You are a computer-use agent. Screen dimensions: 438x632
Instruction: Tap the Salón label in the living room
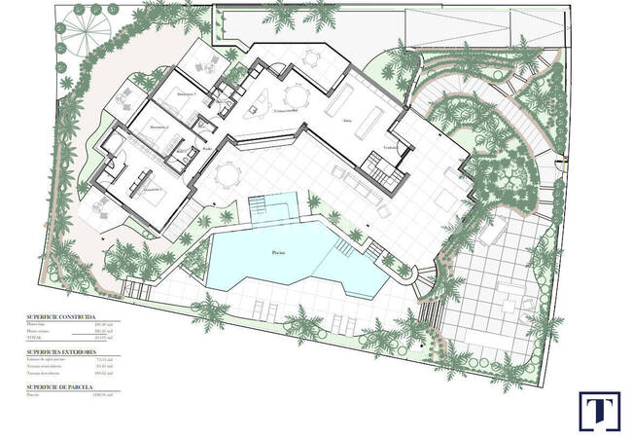[x=347, y=122]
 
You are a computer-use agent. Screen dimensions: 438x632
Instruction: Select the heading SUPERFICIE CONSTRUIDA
[x=60, y=317]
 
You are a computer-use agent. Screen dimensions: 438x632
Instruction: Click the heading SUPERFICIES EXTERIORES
[x=59, y=349]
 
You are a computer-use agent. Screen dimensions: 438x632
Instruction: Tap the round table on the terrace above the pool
[x=227, y=176]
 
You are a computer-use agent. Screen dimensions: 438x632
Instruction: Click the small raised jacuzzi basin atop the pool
[x=271, y=207]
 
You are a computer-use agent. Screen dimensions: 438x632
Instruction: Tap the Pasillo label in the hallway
[x=206, y=149]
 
